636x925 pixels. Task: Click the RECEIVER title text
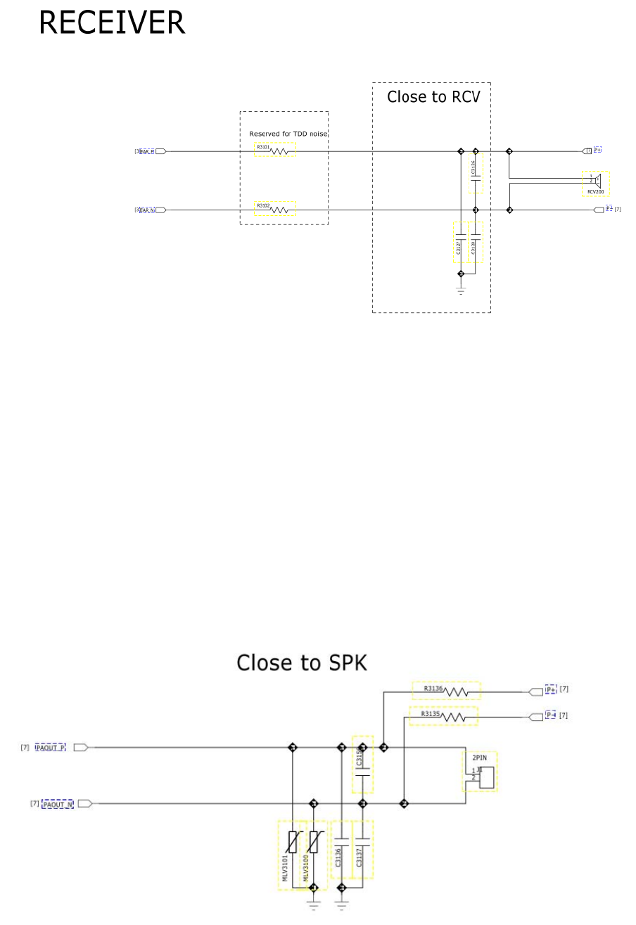click(112, 23)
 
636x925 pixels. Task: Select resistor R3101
click(275, 150)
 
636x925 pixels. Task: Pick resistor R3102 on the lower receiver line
click(275, 209)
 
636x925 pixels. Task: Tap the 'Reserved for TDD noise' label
click(288, 134)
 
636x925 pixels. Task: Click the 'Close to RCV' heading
click(433, 97)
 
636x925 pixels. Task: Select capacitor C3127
click(461, 243)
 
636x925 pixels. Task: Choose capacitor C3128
click(476, 243)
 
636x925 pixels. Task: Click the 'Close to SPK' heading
click(302, 663)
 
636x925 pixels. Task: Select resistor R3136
click(446, 690)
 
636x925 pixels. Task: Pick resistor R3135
click(443, 716)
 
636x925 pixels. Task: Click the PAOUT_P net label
click(51, 747)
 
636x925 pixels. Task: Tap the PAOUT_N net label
click(58, 803)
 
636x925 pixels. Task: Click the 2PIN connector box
click(481, 772)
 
